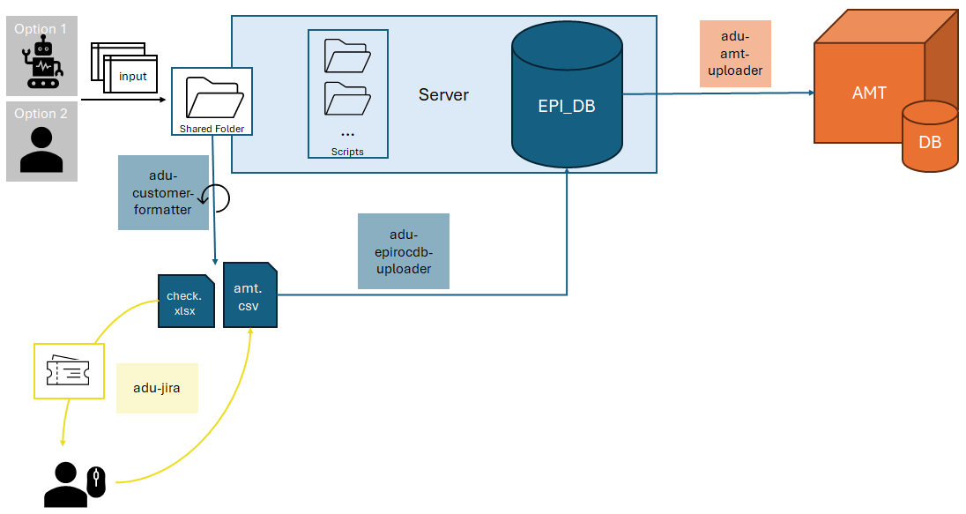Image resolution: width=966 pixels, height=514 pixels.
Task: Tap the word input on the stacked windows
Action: [x=133, y=76]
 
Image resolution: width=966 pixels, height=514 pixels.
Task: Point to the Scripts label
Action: [x=347, y=152]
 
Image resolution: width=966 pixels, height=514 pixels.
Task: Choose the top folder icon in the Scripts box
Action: [x=346, y=56]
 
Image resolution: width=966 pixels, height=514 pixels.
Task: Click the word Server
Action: [x=443, y=95]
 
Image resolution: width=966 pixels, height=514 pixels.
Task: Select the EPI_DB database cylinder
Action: [x=567, y=97]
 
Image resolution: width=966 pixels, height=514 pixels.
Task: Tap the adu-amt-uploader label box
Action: [x=735, y=53]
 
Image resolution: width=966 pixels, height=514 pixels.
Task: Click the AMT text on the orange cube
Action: [x=869, y=93]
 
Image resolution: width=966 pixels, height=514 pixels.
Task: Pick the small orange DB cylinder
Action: [x=929, y=137]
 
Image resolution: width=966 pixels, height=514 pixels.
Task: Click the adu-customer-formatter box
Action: [x=163, y=192]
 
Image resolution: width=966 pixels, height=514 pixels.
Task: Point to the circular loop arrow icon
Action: [x=217, y=199]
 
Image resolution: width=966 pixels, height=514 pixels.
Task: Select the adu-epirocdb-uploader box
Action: [x=403, y=251]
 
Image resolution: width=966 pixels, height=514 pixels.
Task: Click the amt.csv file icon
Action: [x=250, y=295]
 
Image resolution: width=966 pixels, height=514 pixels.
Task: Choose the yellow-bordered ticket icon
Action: [x=63, y=371]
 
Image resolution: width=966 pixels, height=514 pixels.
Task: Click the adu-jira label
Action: [x=157, y=388]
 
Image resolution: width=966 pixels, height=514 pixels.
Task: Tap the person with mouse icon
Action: [x=75, y=484]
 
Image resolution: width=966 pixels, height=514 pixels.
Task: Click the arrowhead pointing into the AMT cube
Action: [x=808, y=93]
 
